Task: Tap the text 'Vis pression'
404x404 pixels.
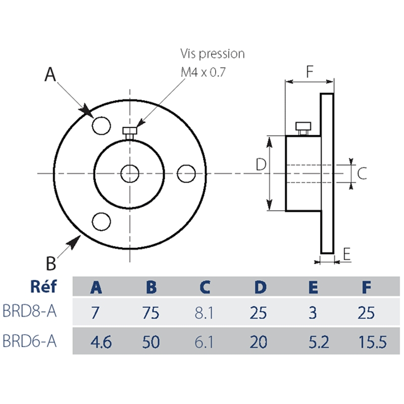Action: [x=212, y=54]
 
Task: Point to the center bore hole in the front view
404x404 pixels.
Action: [x=130, y=173]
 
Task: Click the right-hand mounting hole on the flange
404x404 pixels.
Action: [x=186, y=173]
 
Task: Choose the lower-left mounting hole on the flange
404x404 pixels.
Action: [x=102, y=221]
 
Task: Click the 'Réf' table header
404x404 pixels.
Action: [x=43, y=287]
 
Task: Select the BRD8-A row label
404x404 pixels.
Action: [x=29, y=312]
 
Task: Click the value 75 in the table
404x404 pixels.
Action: [x=151, y=313]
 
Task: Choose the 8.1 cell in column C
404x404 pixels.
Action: [x=205, y=313]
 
